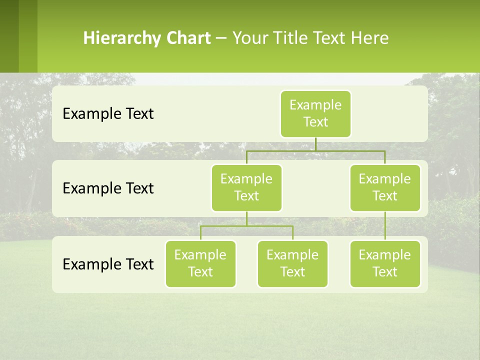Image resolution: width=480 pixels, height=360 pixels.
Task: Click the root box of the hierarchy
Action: (x=315, y=113)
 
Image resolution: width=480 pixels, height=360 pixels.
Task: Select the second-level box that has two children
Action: (x=246, y=187)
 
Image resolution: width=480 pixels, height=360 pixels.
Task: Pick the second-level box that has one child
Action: (x=385, y=187)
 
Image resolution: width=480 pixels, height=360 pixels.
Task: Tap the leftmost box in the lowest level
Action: (x=200, y=263)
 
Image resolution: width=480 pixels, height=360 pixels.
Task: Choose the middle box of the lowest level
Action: (x=292, y=263)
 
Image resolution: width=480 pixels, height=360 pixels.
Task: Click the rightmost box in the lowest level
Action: (x=385, y=263)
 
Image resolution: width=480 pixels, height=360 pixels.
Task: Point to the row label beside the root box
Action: (x=108, y=113)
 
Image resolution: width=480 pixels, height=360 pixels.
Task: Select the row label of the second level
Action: (x=108, y=188)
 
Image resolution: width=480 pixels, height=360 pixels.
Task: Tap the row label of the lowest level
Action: (x=108, y=264)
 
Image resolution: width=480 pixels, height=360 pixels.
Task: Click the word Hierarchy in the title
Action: (x=121, y=38)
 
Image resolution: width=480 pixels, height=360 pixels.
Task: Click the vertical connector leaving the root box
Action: (x=315, y=144)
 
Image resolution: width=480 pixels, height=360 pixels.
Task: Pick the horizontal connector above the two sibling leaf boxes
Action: (x=246, y=226)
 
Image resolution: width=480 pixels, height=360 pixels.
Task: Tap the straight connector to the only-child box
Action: (x=385, y=226)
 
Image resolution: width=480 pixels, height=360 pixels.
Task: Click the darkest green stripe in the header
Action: (x=9, y=36)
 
